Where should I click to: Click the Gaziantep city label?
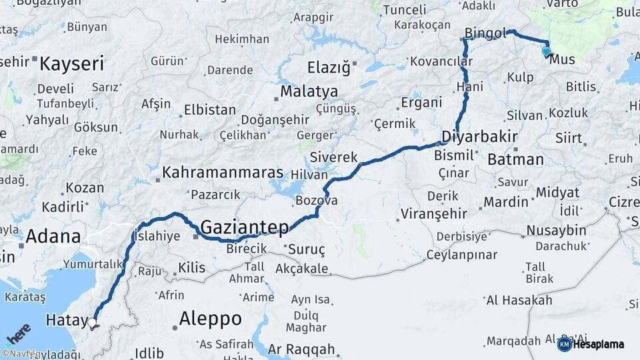(x=245, y=227)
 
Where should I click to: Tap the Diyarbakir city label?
(x=479, y=137)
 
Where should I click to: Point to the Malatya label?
(x=309, y=91)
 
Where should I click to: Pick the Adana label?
(x=53, y=236)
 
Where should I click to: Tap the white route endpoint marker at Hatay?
(x=92, y=323)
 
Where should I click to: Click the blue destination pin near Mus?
(x=547, y=51)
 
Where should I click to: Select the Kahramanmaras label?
(x=222, y=172)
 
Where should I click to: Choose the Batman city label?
(x=515, y=160)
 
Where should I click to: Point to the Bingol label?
(x=486, y=33)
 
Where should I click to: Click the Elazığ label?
(x=328, y=67)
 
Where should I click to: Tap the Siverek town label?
(x=334, y=158)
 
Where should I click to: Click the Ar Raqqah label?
(x=301, y=349)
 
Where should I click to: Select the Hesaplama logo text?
(x=598, y=344)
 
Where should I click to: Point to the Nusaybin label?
(x=556, y=231)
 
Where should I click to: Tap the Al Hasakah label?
(x=519, y=300)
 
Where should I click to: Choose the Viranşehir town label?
(x=433, y=215)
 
